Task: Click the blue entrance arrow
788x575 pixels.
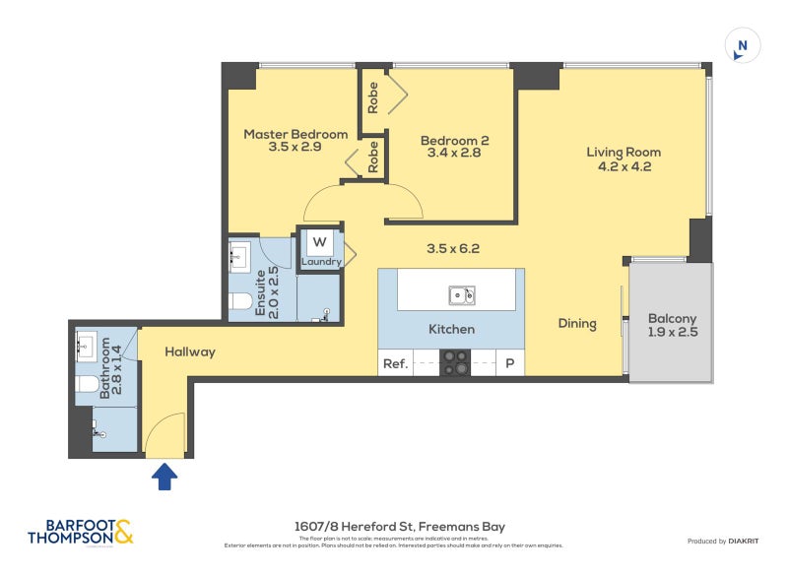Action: coord(165,478)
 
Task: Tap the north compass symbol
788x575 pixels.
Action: coord(743,45)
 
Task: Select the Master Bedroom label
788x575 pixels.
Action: coord(295,141)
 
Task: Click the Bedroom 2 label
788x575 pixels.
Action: coord(453,147)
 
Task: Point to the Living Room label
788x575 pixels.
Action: coord(624,159)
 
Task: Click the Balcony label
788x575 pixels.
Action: coord(672,326)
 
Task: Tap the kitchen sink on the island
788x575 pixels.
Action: coord(461,295)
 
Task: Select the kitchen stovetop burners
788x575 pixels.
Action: coord(456,363)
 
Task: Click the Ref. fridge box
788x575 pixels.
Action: coord(395,363)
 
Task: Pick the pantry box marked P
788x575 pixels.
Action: coord(510,363)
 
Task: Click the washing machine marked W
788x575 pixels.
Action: coord(320,242)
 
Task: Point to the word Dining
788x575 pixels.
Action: coord(577,323)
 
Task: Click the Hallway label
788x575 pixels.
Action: coord(190,351)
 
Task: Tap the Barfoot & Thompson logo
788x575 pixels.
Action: coord(80,532)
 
